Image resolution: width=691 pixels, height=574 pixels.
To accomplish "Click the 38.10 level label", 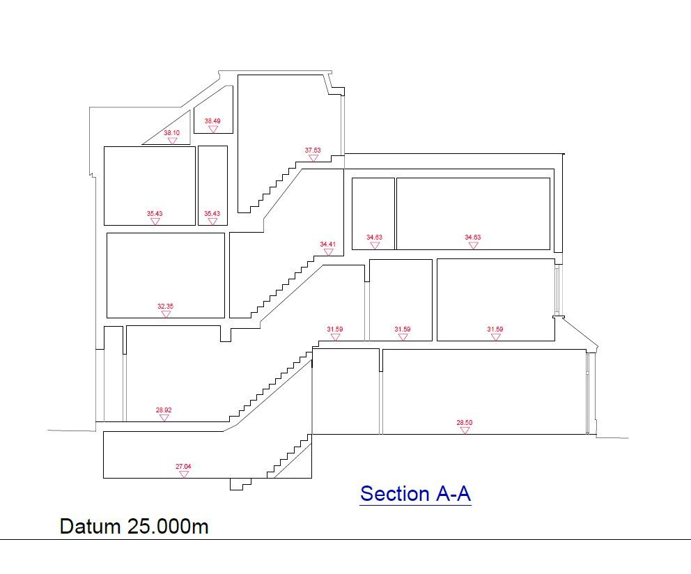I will tap(171, 132).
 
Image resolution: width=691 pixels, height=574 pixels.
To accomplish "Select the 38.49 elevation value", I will tap(212, 121).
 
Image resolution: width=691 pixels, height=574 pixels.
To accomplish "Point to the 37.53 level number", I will tap(313, 150).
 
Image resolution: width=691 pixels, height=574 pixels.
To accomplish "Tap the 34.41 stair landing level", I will tap(328, 244).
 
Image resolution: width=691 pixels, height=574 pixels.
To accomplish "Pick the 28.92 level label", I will tap(164, 410).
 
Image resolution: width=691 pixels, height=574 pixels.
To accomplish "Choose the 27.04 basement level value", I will tap(183, 467).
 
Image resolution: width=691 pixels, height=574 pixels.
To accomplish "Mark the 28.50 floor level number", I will tap(464, 423).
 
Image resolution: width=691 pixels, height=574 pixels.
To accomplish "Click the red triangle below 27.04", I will tap(184, 474).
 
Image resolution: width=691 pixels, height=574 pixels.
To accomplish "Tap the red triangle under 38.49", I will tap(213, 129).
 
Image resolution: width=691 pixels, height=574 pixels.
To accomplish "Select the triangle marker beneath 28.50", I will tap(465, 430).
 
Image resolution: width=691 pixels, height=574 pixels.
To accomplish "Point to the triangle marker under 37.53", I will tap(313, 158).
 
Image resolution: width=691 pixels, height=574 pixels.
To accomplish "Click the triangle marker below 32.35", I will tap(166, 314).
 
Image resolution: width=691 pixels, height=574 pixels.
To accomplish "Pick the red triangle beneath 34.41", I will tap(328, 252).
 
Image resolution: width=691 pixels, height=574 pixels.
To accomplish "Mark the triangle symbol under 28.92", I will tap(164, 418).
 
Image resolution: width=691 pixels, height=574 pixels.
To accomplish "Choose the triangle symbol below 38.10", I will tap(172, 141).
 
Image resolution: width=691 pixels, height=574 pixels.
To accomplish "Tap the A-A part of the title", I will tap(453, 494).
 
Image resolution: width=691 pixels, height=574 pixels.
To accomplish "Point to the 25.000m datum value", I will tap(168, 526).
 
